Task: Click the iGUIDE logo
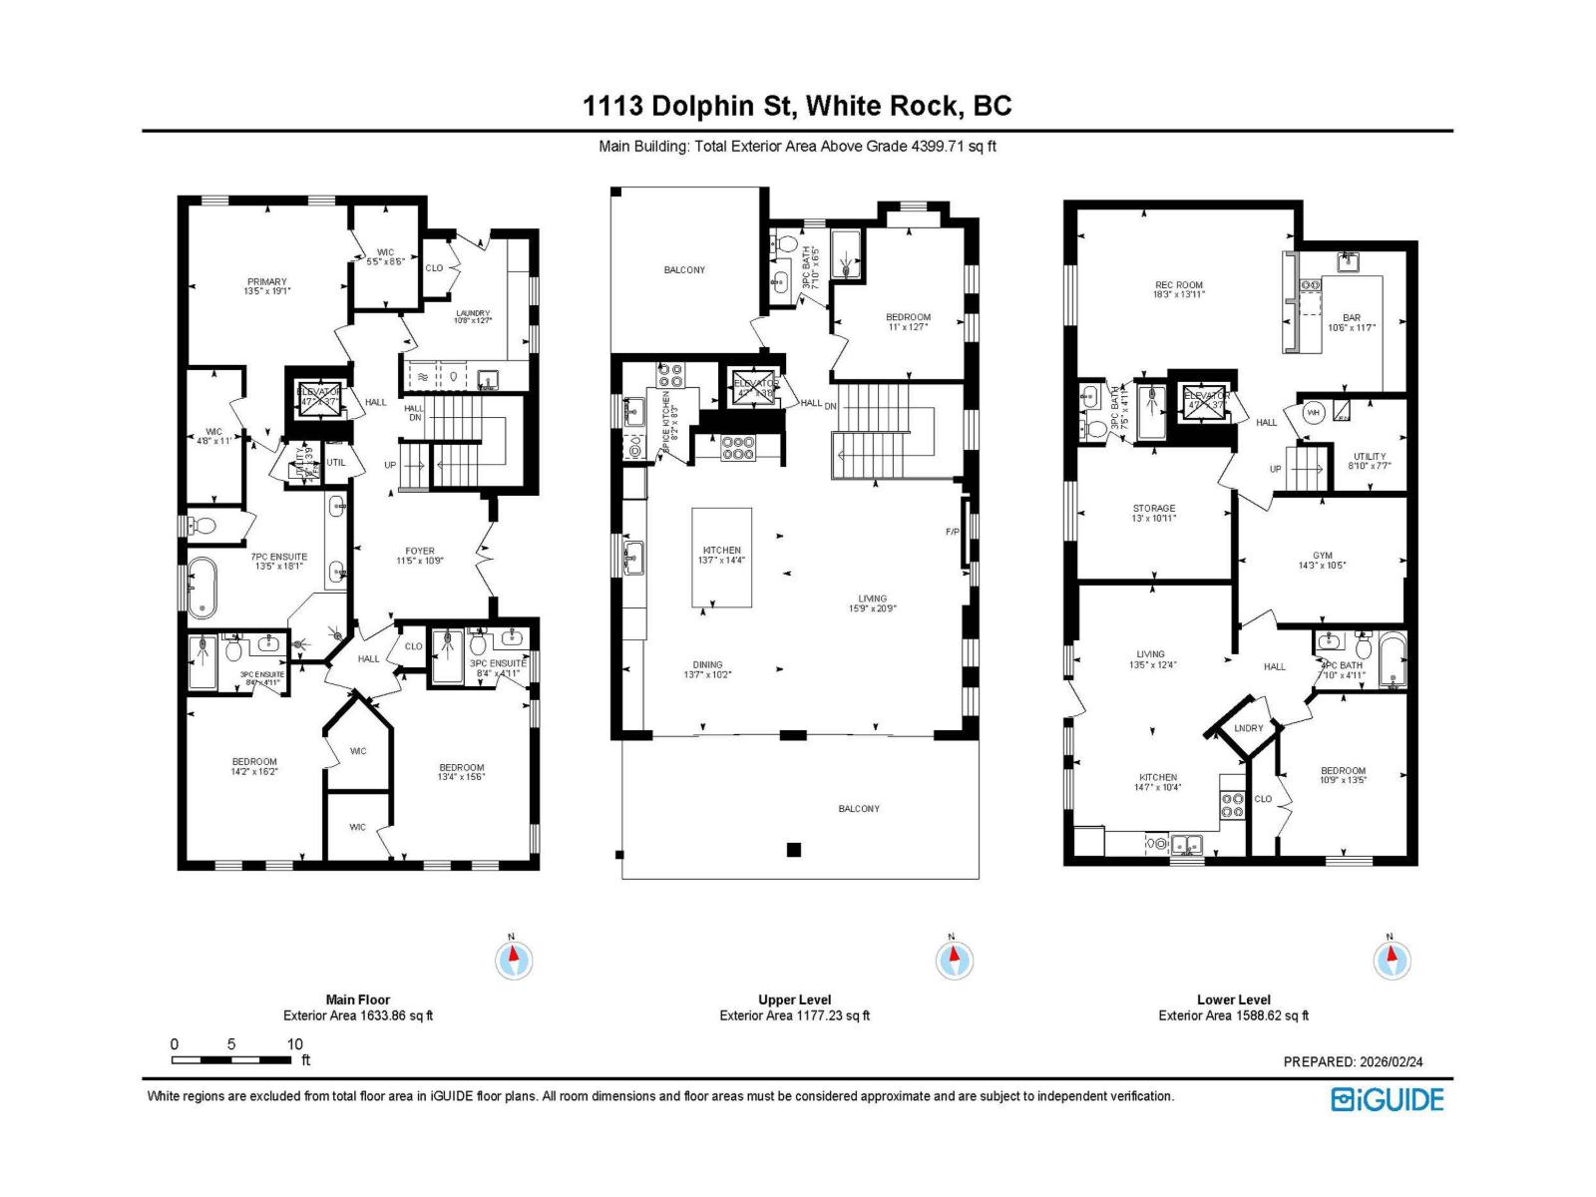click(1388, 1099)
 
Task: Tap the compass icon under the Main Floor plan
click(514, 961)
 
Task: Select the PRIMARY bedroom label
click(266, 282)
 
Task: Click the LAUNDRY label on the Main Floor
click(472, 313)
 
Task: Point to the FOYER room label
click(420, 551)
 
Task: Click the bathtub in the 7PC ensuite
click(202, 586)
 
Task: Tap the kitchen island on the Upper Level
click(722, 557)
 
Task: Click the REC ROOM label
click(1178, 285)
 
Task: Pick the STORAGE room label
click(1153, 509)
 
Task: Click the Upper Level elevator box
click(755, 388)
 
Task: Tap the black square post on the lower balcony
click(794, 850)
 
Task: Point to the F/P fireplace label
click(952, 532)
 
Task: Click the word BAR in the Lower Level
click(1351, 318)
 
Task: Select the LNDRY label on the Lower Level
click(1248, 728)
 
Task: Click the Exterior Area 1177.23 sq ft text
click(794, 1015)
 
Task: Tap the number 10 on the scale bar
click(295, 1044)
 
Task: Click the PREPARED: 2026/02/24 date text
click(1353, 1062)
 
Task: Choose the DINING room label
click(708, 664)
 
